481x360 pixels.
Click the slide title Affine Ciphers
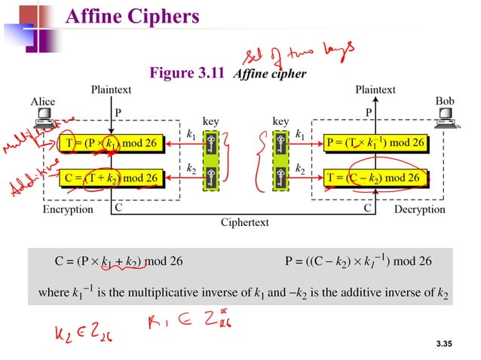tap(133, 17)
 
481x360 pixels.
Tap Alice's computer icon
tap(44, 117)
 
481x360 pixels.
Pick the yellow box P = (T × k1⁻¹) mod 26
tap(375, 142)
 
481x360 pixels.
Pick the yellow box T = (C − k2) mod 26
tap(375, 178)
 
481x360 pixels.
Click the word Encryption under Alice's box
tap(68, 209)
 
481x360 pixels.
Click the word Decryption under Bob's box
tap(420, 209)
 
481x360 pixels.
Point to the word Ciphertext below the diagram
tap(244, 223)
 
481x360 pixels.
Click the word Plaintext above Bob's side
tap(375, 90)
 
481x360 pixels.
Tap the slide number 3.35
tap(447, 344)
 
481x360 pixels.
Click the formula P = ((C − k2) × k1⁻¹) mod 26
tap(358, 262)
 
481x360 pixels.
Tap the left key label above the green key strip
tap(212, 121)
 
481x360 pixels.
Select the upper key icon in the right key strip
tap(280, 145)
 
